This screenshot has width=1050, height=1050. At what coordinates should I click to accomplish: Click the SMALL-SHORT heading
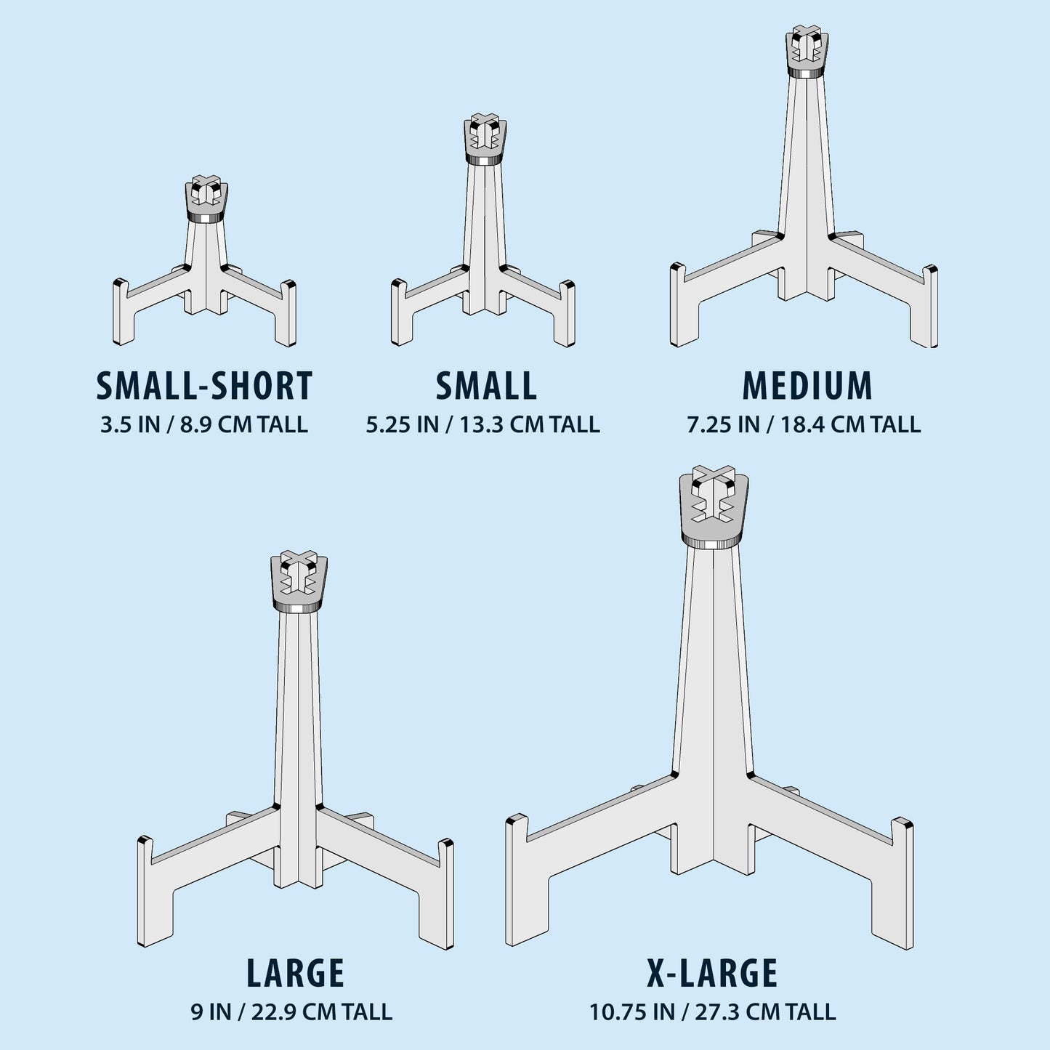(x=204, y=386)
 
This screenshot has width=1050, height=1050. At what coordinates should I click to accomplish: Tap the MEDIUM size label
(x=807, y=386)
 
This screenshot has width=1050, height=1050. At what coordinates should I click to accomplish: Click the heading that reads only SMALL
(x=486, y=386)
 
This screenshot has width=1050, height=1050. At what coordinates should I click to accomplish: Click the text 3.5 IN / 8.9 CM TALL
(x=204, y=424)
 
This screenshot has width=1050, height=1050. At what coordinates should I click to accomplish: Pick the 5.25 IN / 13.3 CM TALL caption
(x=482, y=424)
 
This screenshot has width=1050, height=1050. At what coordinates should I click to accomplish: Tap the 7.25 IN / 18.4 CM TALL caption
(x=804, y=424)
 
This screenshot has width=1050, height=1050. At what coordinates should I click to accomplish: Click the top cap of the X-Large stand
(x=714, y=508)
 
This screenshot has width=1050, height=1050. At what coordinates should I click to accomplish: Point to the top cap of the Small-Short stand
(x=206, y=199)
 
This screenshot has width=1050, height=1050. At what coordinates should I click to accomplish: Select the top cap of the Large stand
(x=299, y=582)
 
